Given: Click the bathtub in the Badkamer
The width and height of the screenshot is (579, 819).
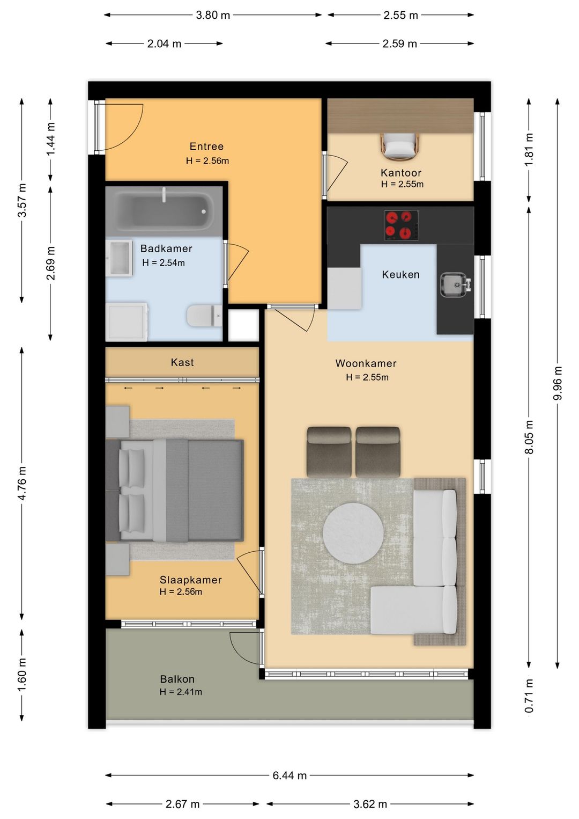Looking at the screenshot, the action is tap(164, 211).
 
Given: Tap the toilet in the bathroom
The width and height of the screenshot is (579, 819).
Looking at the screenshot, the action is tap(204, 316).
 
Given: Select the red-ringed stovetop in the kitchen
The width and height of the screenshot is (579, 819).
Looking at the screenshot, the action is tap(401, 225).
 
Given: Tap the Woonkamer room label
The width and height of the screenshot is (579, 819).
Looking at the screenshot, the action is tap(366, 363).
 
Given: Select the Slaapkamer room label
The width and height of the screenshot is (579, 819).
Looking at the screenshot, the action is tap(191, 580).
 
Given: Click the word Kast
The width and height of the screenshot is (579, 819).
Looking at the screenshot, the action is tap(182, 362).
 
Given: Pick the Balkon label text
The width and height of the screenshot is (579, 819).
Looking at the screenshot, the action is tap(177, 679).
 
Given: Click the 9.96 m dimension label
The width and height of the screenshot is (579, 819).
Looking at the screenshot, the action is tap(558, 383).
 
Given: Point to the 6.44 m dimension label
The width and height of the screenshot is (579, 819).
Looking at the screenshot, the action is tap(289, 775).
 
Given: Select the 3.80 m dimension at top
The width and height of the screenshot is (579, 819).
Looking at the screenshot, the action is tap(213, 15).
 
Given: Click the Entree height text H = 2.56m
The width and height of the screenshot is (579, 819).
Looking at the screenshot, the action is tap(207, 160).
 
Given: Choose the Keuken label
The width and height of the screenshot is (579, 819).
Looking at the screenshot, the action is tap(400, 275).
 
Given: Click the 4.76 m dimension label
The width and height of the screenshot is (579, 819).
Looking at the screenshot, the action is tap(22, 483).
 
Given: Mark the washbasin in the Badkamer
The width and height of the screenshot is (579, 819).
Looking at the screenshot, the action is tap(119, 258).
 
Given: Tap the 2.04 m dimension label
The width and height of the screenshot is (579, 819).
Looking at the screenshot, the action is tap(165, 44).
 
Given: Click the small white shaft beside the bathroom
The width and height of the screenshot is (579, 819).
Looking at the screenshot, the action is tap(243, 325).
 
